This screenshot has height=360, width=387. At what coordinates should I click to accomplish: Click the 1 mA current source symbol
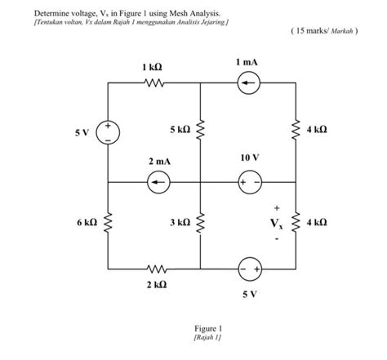(247, 82)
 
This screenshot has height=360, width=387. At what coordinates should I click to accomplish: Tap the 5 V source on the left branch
(108, 132)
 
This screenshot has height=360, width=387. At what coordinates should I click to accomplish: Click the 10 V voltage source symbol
(247, 183)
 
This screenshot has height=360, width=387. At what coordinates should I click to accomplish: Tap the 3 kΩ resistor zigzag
(202, 223)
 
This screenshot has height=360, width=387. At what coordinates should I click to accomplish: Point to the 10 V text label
(249, 156)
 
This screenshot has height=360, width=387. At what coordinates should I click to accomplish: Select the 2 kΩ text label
(155, 285)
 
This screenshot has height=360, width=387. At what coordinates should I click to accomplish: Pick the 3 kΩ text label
(180, 222)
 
